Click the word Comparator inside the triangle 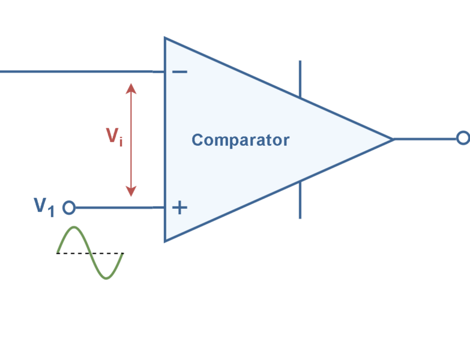[x=240, y=140]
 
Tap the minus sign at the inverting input [x=179, y=72]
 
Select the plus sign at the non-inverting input [x=179, y=208]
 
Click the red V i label [x=114, y=137]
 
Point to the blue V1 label [x=44, y=206]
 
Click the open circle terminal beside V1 [x=69, y=208]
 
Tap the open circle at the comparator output [x=463, y=138]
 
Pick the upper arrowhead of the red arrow [x=131, y=88]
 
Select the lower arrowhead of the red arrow [x=131, y=191]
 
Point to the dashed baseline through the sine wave [x=90, y=253]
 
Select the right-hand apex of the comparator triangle [x=393, y=139]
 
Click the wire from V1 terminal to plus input [x=114, y=208]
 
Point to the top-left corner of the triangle [x=166, y=39]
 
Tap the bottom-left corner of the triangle [x=166, y=240]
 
